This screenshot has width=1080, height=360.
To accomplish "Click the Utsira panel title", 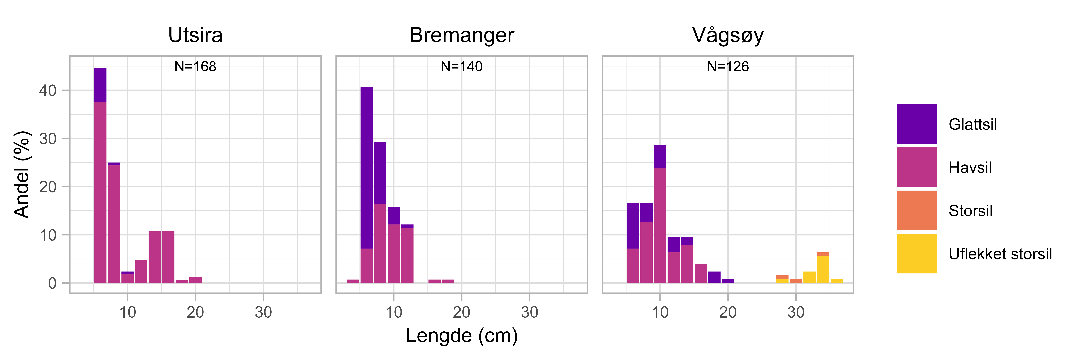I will click(x=195, y=35).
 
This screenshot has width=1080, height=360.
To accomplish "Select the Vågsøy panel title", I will click(x=728, y=35).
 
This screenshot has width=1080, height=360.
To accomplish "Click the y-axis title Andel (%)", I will click(x=22, y=174).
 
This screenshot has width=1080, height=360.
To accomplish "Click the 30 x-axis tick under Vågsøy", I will click(x=796, y=312).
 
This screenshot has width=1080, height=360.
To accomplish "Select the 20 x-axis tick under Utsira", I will click(x=195, y=312).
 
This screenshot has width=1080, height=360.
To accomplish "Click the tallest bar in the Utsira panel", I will click(x=100, y=176).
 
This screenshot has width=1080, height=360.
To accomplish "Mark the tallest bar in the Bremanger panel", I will click(x=366, y=184).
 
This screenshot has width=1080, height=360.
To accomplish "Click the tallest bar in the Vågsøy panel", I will click(x=660, y=214).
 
